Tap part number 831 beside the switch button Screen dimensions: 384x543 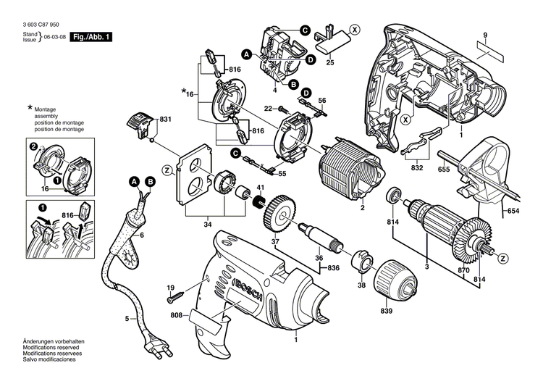166,119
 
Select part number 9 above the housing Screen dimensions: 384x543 486,36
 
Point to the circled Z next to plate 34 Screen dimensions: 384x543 167,170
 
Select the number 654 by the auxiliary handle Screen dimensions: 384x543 513,210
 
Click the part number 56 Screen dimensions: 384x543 323,101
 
